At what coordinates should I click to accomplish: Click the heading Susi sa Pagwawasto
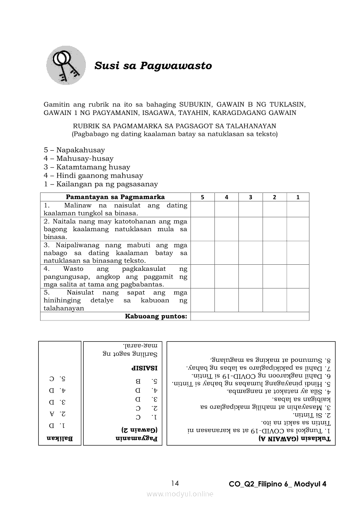click(x=153, y=66)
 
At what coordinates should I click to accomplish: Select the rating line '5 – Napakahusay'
click(x=74, y=150)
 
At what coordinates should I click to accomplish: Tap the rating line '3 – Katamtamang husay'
click(x=87, y=167)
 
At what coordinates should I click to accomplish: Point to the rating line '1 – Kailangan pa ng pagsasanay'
click(x=101, y=184)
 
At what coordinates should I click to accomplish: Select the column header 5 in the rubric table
click(x=202, y=197)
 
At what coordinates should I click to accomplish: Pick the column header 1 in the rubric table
click(x=298, y=197)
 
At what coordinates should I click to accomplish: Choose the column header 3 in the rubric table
click(x=250, y=197)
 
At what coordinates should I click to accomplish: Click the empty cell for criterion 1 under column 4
click(x=226, y=209)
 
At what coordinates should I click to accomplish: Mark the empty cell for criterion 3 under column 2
click(x=274, y=253)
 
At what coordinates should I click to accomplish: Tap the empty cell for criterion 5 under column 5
click(x=202, y=300)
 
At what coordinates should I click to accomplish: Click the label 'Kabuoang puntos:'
click(x=156, y=316)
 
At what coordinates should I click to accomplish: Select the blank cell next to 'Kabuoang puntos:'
click(x=250, y=316)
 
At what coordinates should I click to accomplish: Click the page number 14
click(x=175, y=483)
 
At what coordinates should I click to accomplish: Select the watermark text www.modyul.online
click(x=180, y=494)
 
